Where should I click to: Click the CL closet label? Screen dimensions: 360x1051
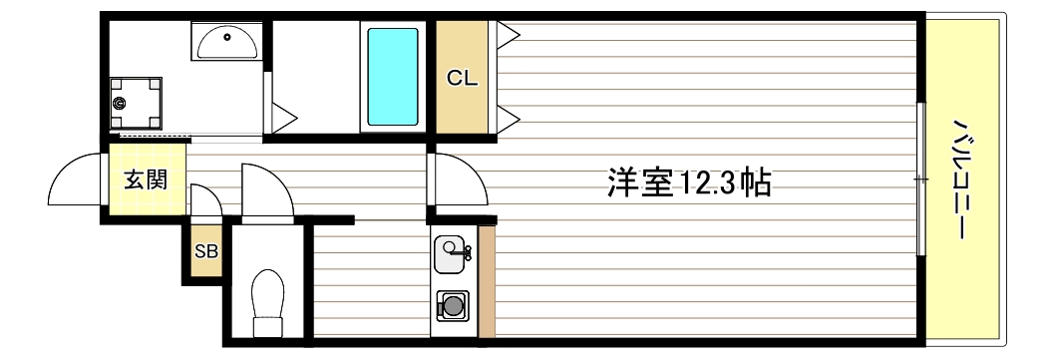tap(462, 78)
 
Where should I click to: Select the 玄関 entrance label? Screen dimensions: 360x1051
tap(146, 180)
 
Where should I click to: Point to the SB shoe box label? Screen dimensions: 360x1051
tap(205, 250)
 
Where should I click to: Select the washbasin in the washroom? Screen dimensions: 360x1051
tap(227, 43)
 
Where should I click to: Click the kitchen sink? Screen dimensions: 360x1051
tap(453, 250)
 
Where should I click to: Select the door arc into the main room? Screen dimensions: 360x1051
tap(459, 180)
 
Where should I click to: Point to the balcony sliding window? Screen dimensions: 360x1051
tap(920, 180)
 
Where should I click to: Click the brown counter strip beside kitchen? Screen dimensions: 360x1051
tap(487, 282)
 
